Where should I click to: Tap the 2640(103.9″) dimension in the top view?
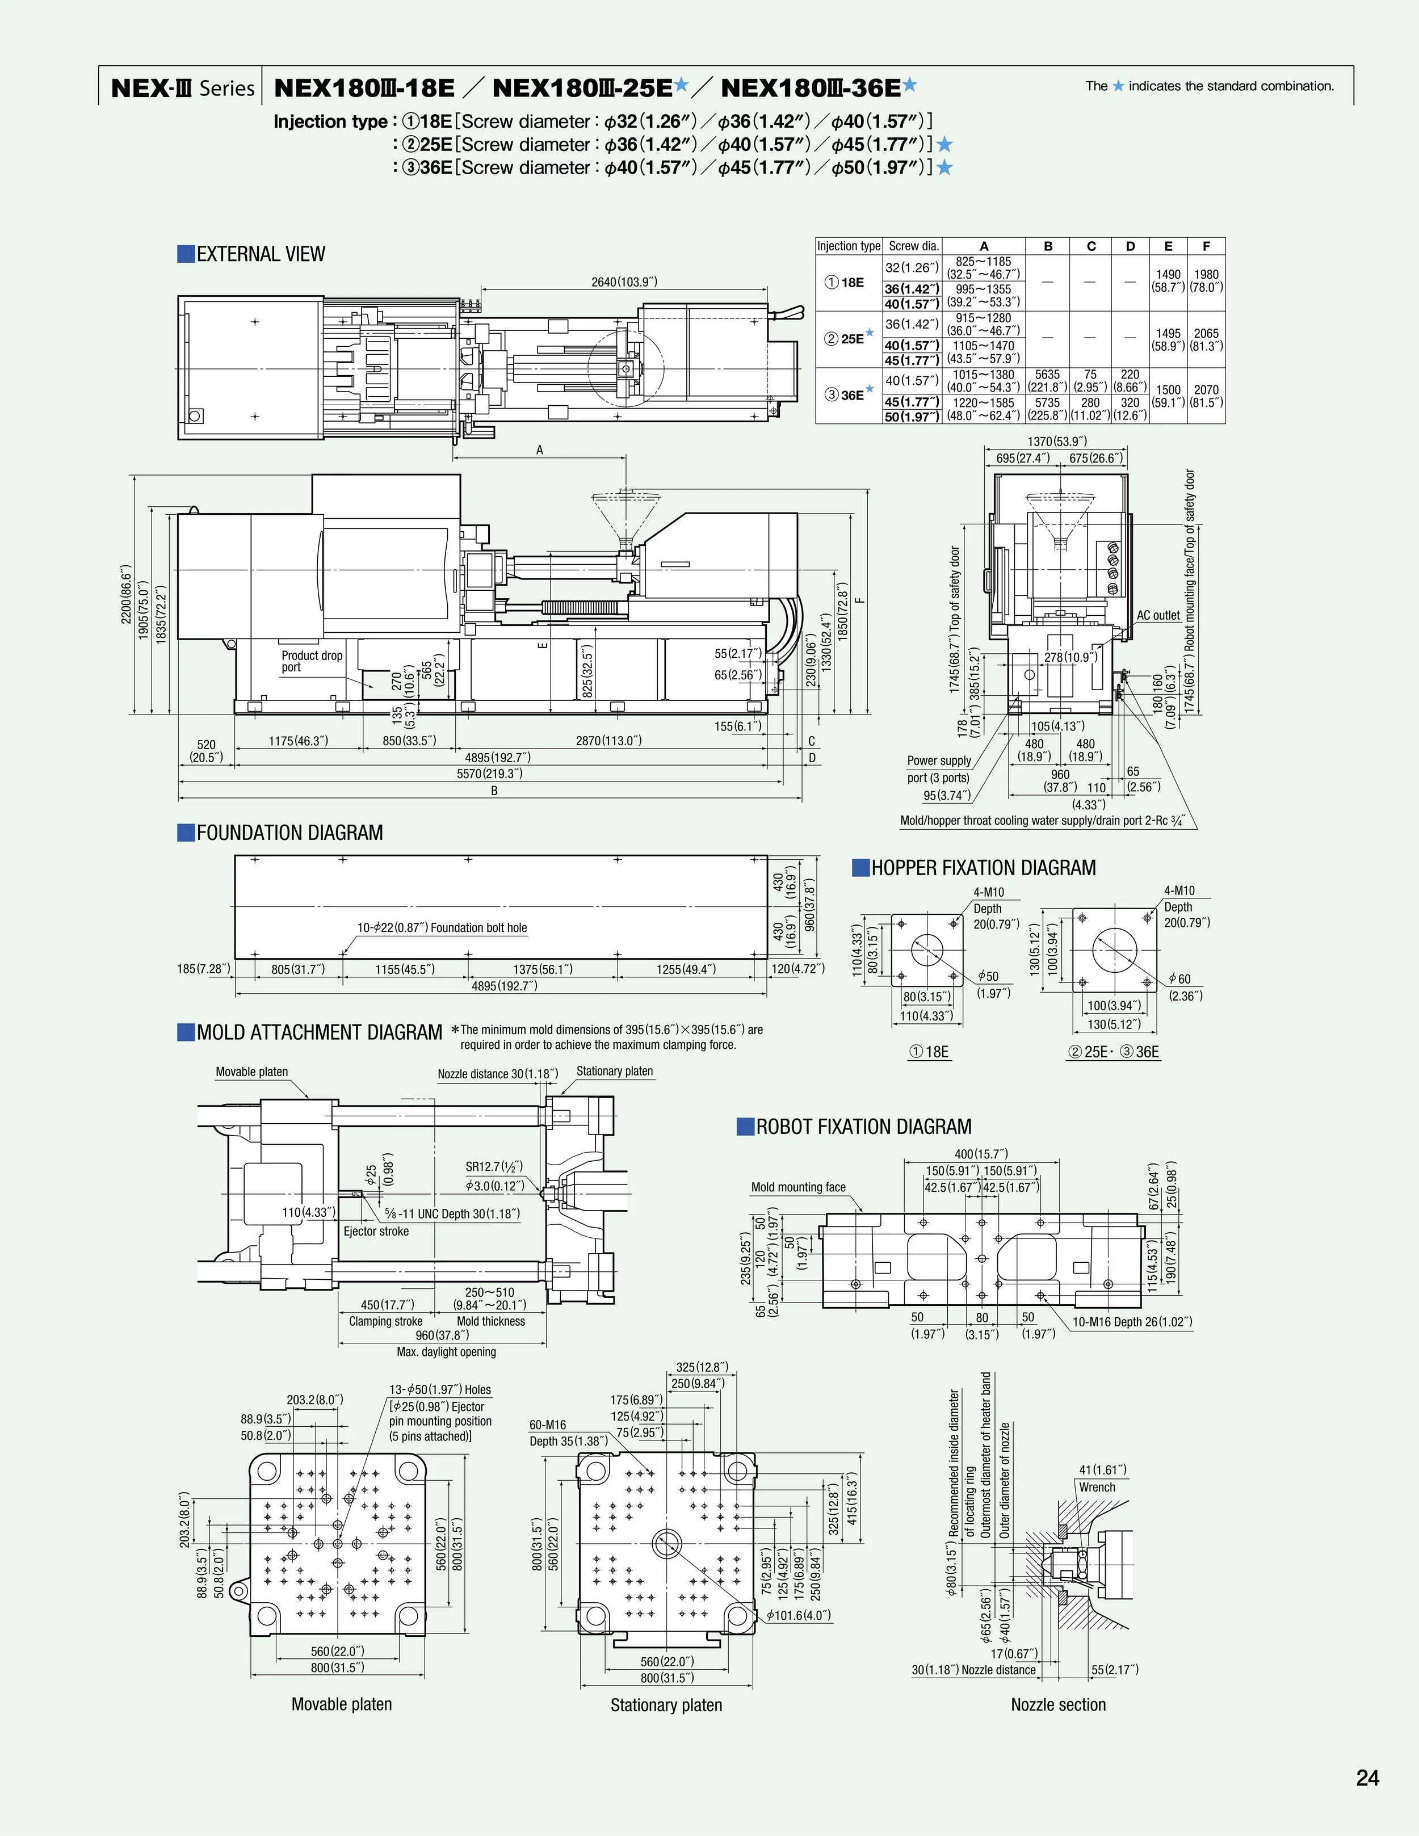click(x=624, y=282)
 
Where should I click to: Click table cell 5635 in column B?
click(x=1047, y=374)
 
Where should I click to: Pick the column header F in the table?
click(x=1206, y=246)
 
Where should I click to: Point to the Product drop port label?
click(x=311, y=661)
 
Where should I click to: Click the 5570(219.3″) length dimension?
click(x=489, y=774)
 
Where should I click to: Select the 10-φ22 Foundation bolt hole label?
click(x=442, y=928)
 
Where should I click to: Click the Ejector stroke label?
click(x=376, y=1232)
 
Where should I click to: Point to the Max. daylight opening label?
click(x=446, y=1352)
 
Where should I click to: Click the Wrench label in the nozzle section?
click(x=1097, y=1487)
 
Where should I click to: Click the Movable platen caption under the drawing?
click(x=341, y=1704)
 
